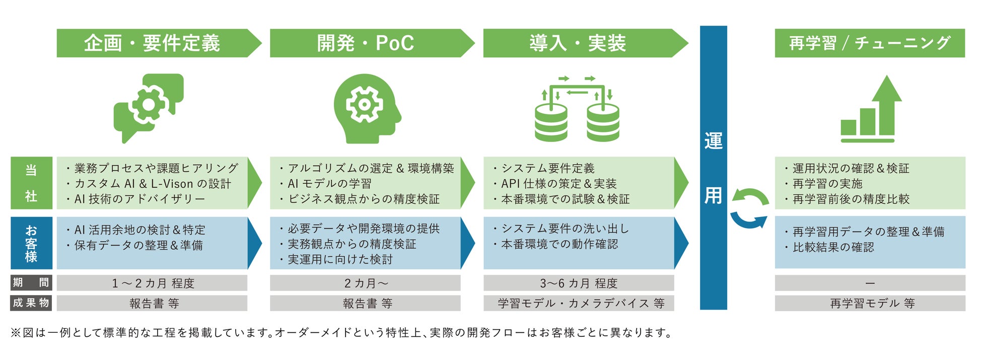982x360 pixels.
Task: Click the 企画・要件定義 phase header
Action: [152, 43]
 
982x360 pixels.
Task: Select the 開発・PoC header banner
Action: [366, 43]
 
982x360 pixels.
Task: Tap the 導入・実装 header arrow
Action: [578, 43]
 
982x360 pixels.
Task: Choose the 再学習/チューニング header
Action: [869, 43]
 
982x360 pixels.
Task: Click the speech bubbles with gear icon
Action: [148, 107]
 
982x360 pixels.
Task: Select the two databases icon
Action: [577, 109]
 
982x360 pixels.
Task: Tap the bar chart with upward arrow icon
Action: [870, 110]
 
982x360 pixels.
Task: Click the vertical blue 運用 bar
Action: [713, 168]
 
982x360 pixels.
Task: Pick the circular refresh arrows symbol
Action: [749, 208]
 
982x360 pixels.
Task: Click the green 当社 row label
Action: [31, 183]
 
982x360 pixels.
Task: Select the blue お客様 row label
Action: [31, 243]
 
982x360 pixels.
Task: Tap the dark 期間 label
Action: [31, 282]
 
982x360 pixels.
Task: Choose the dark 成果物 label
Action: [31, 303]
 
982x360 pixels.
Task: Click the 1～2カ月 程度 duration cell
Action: [152, 283]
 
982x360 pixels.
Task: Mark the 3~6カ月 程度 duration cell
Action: [578, 283]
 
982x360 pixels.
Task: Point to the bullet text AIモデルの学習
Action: [330, 184]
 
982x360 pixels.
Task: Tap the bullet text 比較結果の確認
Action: [833, 247]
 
